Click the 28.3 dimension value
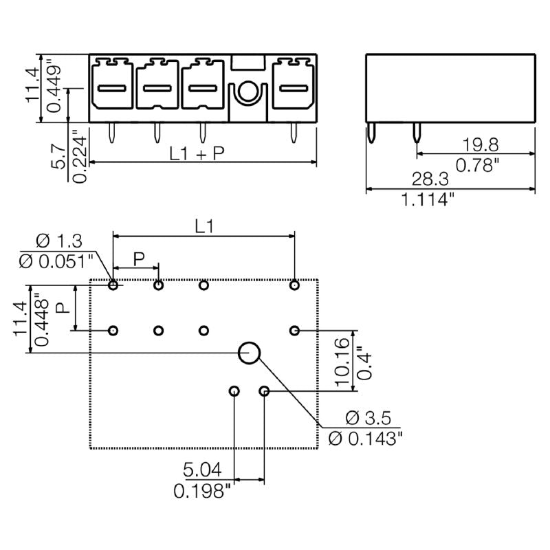(x=432, y=179)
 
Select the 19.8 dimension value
(x=479, y=145)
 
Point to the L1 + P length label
(x=197, y=155)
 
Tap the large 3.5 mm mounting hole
(x=250, y=353)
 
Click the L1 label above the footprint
(x=203, y=226)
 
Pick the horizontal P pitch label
(x=139, y=258)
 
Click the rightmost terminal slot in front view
(x=293, y=87)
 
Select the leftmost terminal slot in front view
(x=112, y=87)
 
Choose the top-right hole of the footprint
(x=294, y=285)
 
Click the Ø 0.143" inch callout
(x=365, y=438)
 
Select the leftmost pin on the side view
(x=372, y=132)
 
